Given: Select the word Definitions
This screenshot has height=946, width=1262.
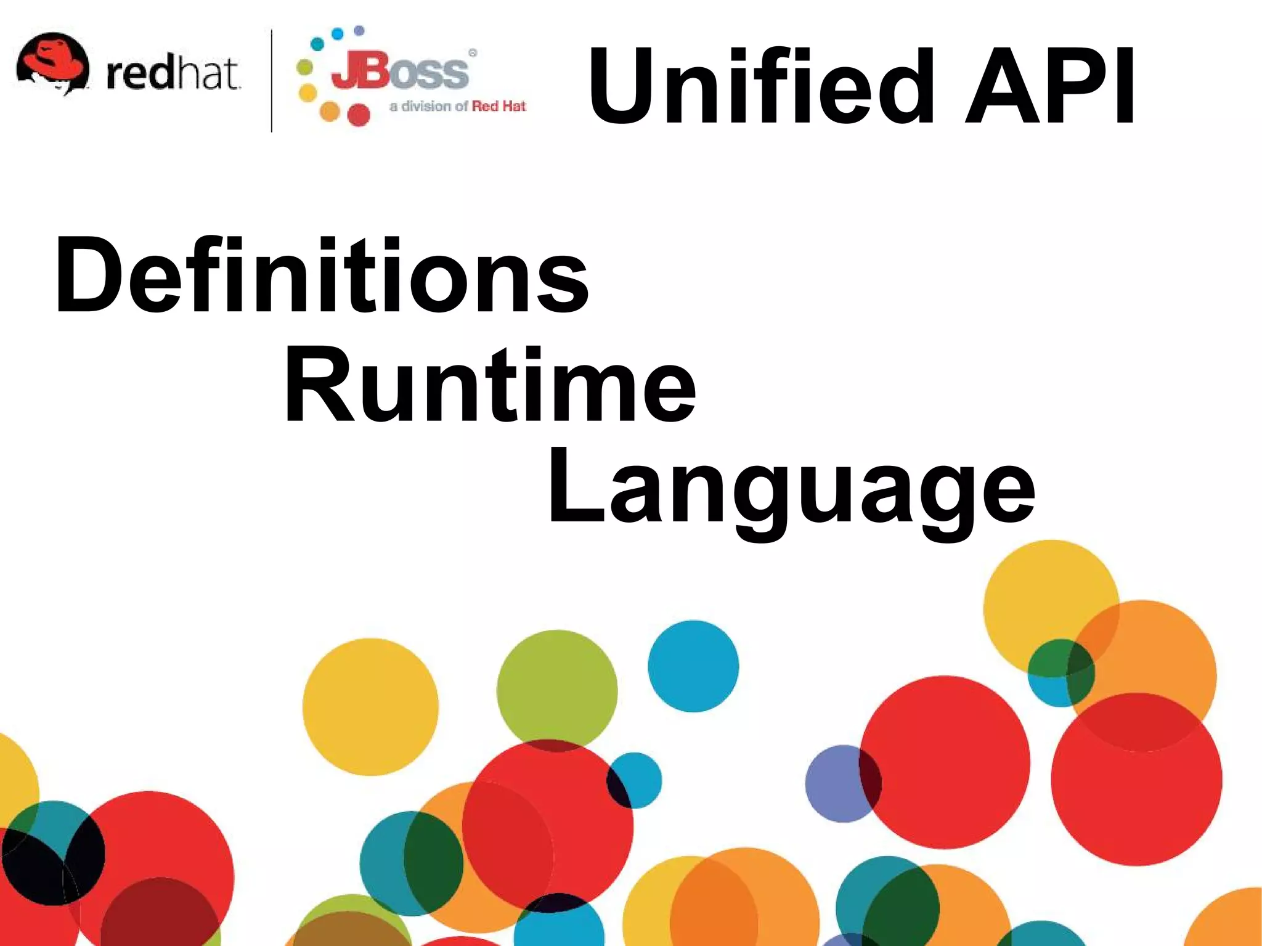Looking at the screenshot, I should pyautogui.click(x=321, y=275).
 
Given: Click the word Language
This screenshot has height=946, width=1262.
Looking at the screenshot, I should pyautogui.click(x=791, y=490).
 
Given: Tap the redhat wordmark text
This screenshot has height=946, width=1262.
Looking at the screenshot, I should pyautogui.click(x=173, y=74).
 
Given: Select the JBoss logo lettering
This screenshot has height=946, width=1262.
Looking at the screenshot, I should pyautogui.click(x=399, y=73).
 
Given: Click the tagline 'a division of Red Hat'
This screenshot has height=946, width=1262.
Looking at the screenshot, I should pyautogui.click(x=457, y=107).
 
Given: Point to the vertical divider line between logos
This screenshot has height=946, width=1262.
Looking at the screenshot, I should pyautogui.click(x=272, y=80).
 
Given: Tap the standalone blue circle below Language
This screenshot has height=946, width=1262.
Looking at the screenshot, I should pyautogui.click(x=693, y=666).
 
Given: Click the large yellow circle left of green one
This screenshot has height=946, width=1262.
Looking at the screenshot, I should pyautogui.click(x=370, y=706).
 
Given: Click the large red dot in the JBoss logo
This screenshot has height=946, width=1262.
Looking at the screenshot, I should pyautogui.click(x=358, y=115).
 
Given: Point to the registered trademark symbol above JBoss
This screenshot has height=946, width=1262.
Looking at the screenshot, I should pyautogui.click(x=473, y=54).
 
